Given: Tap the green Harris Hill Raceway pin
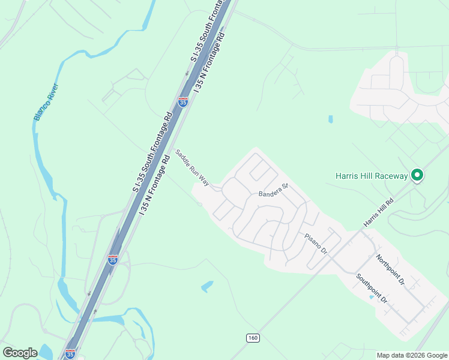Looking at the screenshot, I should pos(417,175).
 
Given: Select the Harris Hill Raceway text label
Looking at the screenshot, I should pos(371,176).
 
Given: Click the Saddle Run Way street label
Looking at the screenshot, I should pos(192,168).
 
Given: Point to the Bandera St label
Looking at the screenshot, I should pos(274,190).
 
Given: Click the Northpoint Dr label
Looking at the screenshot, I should pos(391,269).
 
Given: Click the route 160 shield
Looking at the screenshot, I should pos(253,338).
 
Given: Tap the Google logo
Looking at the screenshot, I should pos(20,353).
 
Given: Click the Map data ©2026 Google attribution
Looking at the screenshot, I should pos(412,355).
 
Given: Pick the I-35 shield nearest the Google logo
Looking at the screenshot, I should pos(70,353).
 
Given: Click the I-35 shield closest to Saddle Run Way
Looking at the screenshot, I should pos(183,102).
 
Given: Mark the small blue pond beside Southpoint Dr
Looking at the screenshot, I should pos(371,297).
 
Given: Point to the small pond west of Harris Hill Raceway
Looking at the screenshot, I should pos(330,119).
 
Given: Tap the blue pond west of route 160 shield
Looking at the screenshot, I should pos(207,286).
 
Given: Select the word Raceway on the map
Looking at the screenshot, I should pos(391,176).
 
